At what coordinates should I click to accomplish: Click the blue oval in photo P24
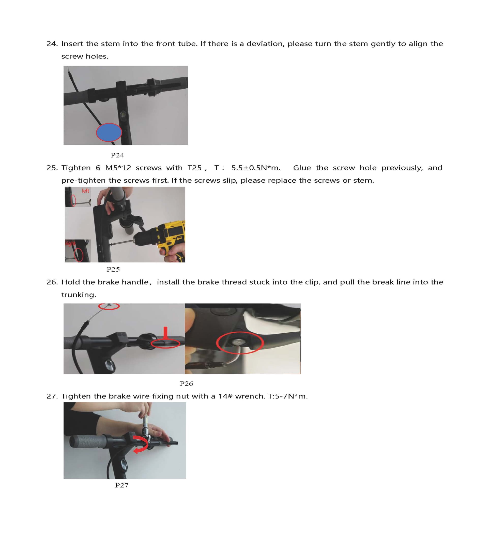pyautogui.click(x=109, y=132)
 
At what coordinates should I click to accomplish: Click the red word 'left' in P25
pyautogui.click(x=85, y=191)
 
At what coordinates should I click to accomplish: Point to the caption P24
pyautogui.click(x=117, y=155)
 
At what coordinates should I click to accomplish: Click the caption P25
pyautogui.click(x=113, y=269)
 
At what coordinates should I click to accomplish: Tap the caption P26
pyautogui.click(x=186, y=384)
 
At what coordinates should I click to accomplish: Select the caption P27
pyautogui.click(x=121, y=485)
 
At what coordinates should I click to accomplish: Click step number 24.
pyautogui.click(x=52, y=44)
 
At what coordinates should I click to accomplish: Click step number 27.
pyautogui.click(x=52, y=396)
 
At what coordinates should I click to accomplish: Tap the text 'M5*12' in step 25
pyautogui.click(x=118, y=168)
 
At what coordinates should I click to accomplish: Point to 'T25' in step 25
pyautogui.click(x=194, y=168)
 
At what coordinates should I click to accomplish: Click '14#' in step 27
pyautogui.click(x=225, y=396)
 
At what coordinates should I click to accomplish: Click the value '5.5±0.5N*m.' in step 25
pyautogui.click(x=256, y=168)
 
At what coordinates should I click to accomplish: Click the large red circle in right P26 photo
pyautogui.click(x=240, y=343)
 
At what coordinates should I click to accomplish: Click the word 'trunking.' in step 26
pyautogui.click(x=79, y=295)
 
